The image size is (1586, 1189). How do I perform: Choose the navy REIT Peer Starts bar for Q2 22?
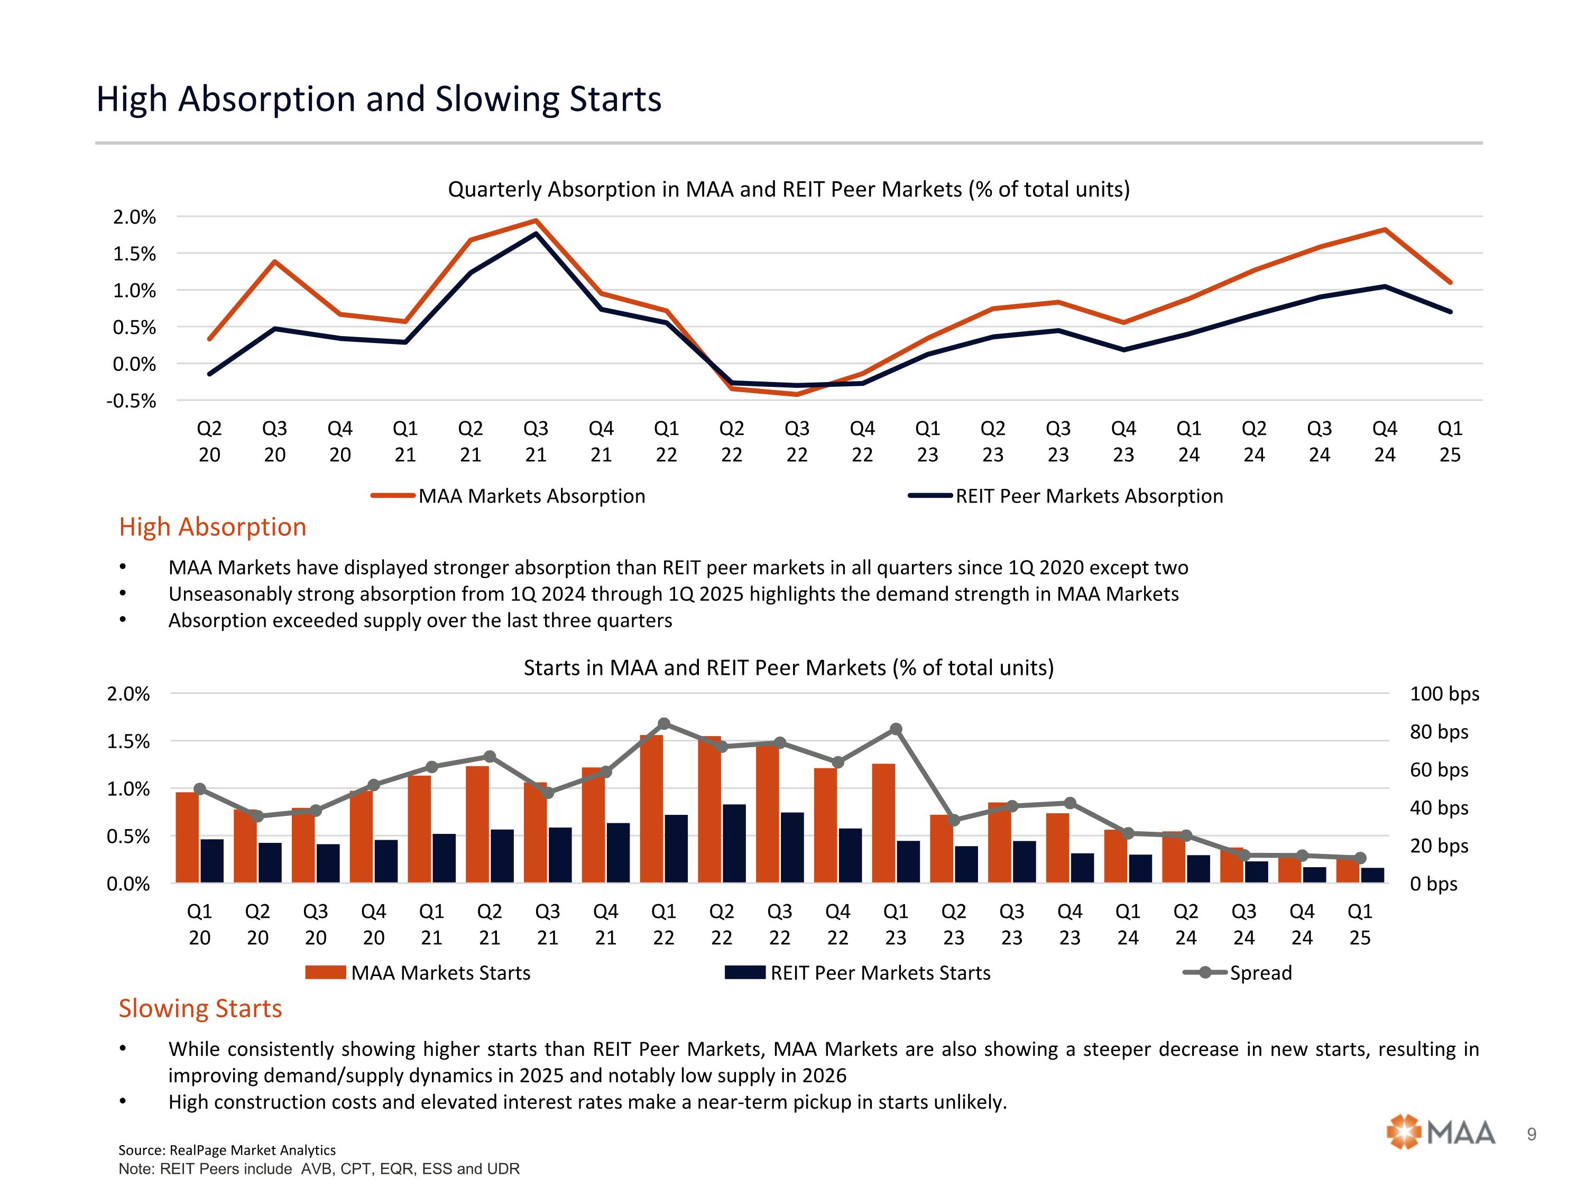click(x=734, y=843)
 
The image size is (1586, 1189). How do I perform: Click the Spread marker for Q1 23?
click(x=896, y=729)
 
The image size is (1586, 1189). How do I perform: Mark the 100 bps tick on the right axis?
click(x=1444, y=694)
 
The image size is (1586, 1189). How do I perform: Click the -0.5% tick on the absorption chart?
click(x=131, y=401)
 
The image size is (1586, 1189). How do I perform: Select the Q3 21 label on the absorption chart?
click(x=536, y=441)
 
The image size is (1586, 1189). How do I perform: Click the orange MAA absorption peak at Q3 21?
click(x=536, y=221)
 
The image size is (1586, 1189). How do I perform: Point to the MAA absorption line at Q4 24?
click(x=1385, y=230)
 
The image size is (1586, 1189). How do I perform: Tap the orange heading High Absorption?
click(x=212, y=527)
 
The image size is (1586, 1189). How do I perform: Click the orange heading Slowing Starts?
click(x=200, y=1008)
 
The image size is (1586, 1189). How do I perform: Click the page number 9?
click(x=1532, y=1134)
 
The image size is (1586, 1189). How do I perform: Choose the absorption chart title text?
click(x=788, y=189)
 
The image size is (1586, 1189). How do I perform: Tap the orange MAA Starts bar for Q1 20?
click(x=187, y=837)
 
